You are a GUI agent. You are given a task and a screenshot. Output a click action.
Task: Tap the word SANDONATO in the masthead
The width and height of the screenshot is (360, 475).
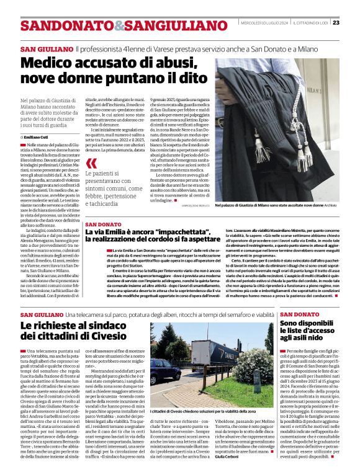(58, 26)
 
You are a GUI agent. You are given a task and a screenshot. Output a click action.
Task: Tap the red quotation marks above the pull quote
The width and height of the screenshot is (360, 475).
(92, 164)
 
